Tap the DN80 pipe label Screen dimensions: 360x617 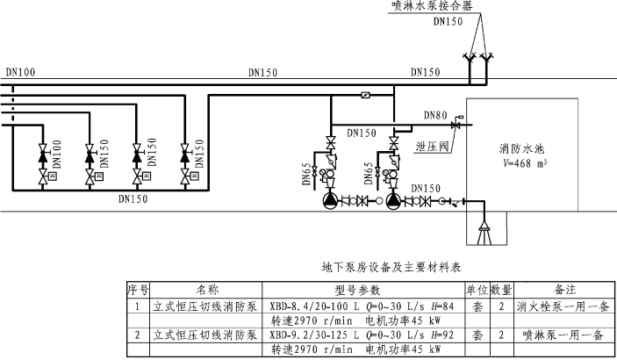435,114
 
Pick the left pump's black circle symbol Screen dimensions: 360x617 329,200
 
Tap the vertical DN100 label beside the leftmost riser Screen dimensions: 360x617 56,155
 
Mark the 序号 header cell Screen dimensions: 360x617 138,289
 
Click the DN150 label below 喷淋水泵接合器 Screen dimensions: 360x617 452,21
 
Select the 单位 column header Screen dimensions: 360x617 475,289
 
